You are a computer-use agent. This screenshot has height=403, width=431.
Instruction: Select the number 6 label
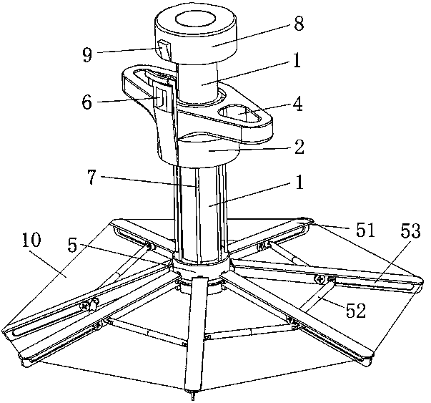coord(86,102)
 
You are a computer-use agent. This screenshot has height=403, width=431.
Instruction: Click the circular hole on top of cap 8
coord(193,20)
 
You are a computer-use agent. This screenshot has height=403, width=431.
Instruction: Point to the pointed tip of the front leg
coord(193,394)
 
